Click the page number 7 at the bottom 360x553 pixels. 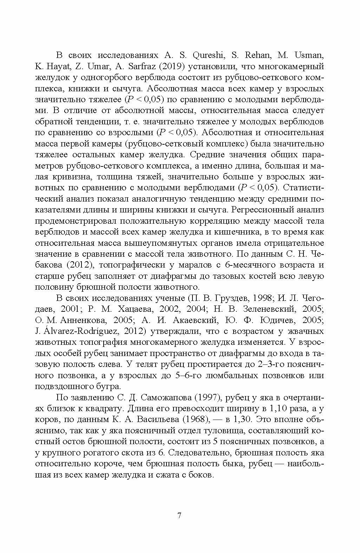pos(179,516)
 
